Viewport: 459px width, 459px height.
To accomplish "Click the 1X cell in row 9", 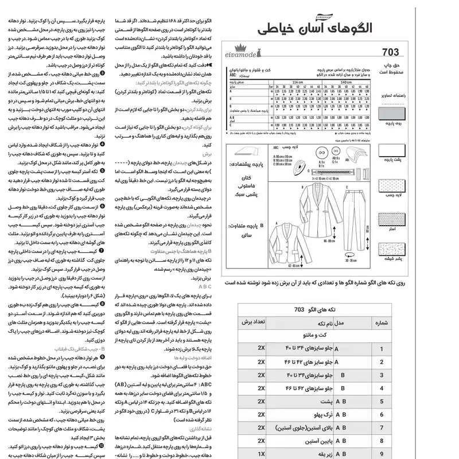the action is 261,453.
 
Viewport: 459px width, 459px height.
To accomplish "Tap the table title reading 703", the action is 298,310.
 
